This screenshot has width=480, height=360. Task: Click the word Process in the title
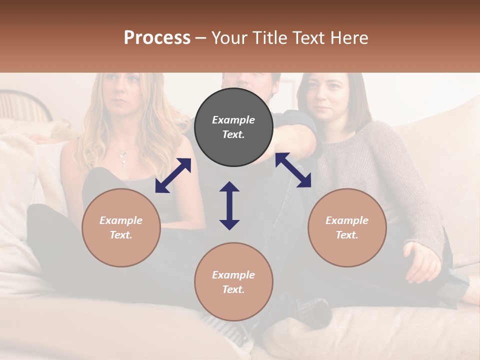157,38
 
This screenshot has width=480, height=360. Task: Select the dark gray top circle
233,127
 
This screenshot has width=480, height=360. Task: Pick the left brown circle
121,227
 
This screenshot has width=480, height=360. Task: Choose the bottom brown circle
233,281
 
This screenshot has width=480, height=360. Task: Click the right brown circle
347,227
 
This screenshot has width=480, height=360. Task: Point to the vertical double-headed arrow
229,205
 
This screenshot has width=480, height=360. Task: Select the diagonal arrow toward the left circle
173,175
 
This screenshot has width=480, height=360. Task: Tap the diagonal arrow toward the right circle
293,170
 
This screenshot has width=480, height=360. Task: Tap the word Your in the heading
231,38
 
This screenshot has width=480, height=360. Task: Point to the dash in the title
201,38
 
